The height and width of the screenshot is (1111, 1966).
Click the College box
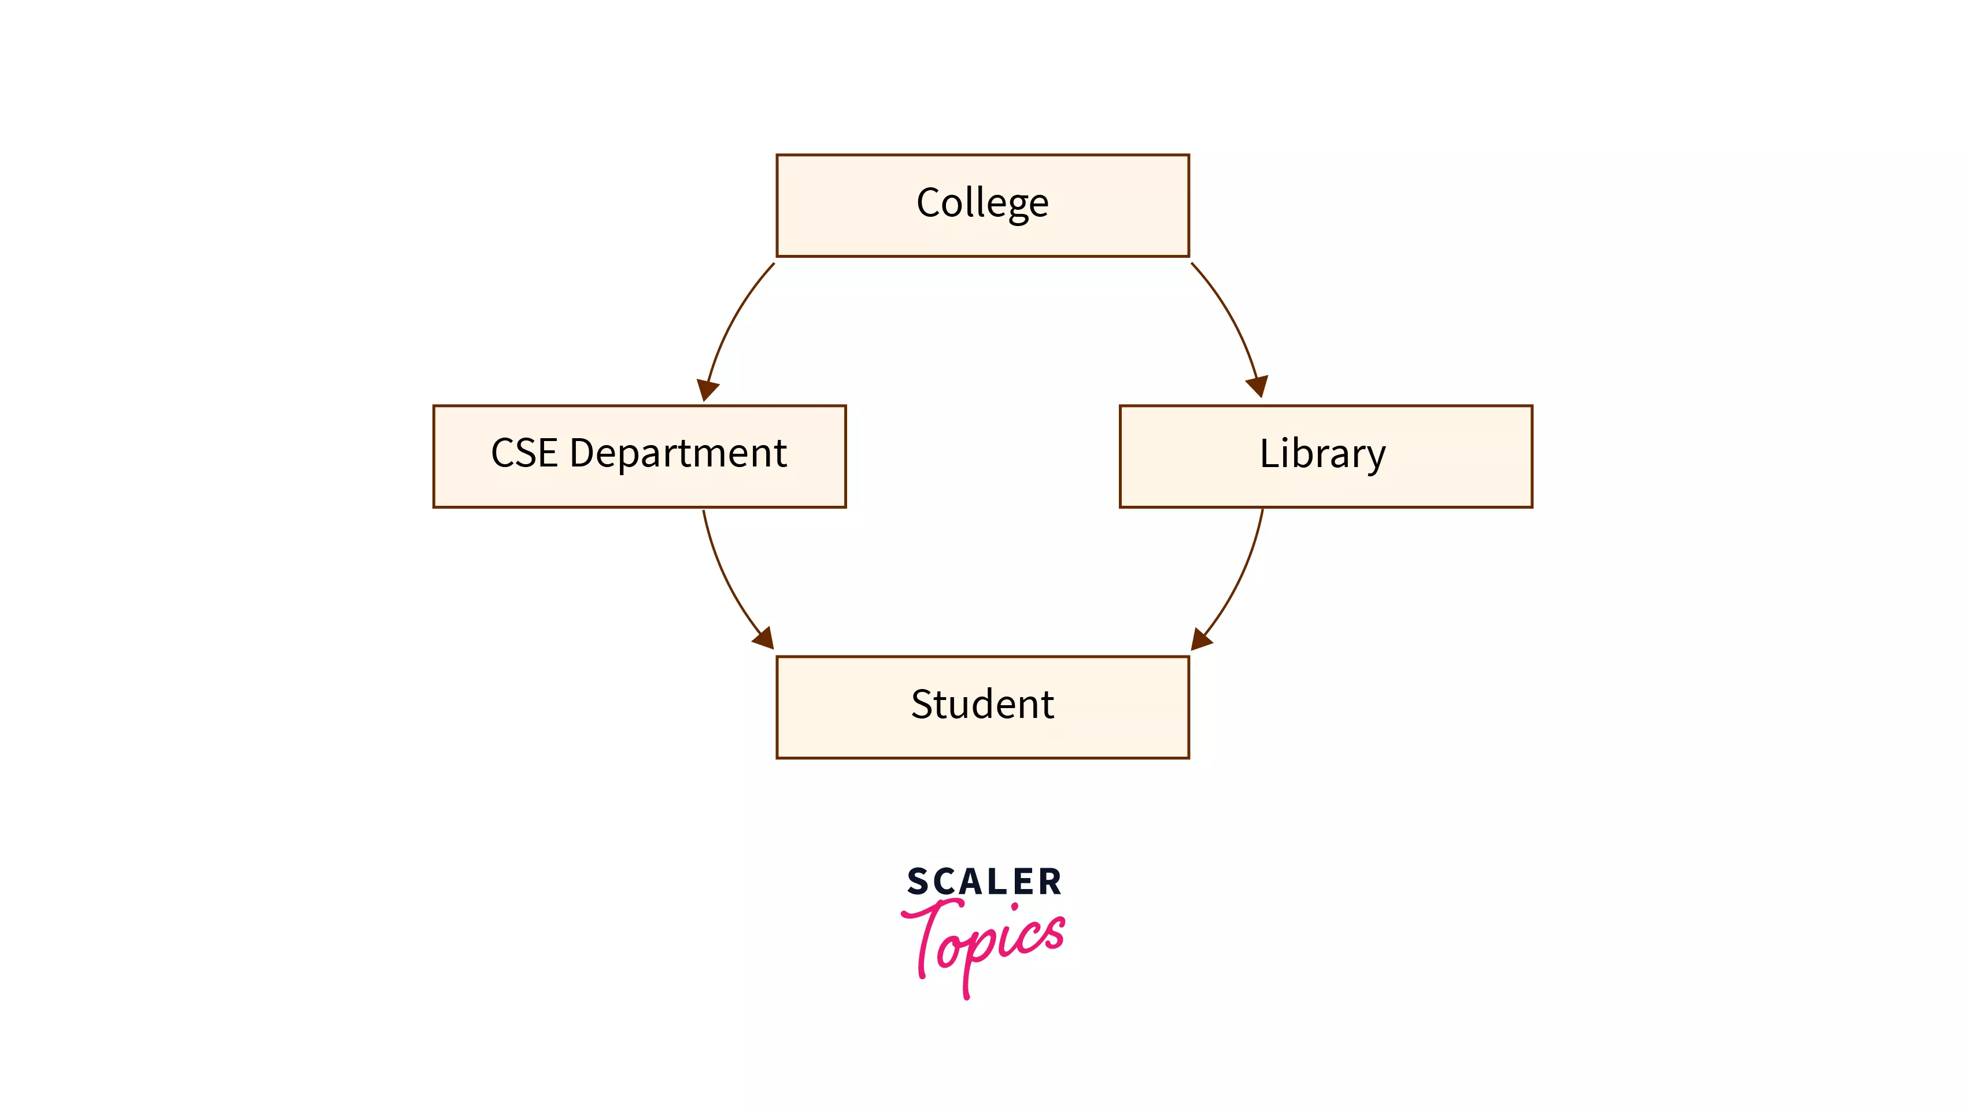click(982, 205)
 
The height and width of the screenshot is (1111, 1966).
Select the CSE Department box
click(639, 455)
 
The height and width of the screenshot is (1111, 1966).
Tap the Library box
click(1326, 455)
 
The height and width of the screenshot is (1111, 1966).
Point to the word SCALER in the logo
click(984, 882)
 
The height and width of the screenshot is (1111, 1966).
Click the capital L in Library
click(1269, 453)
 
